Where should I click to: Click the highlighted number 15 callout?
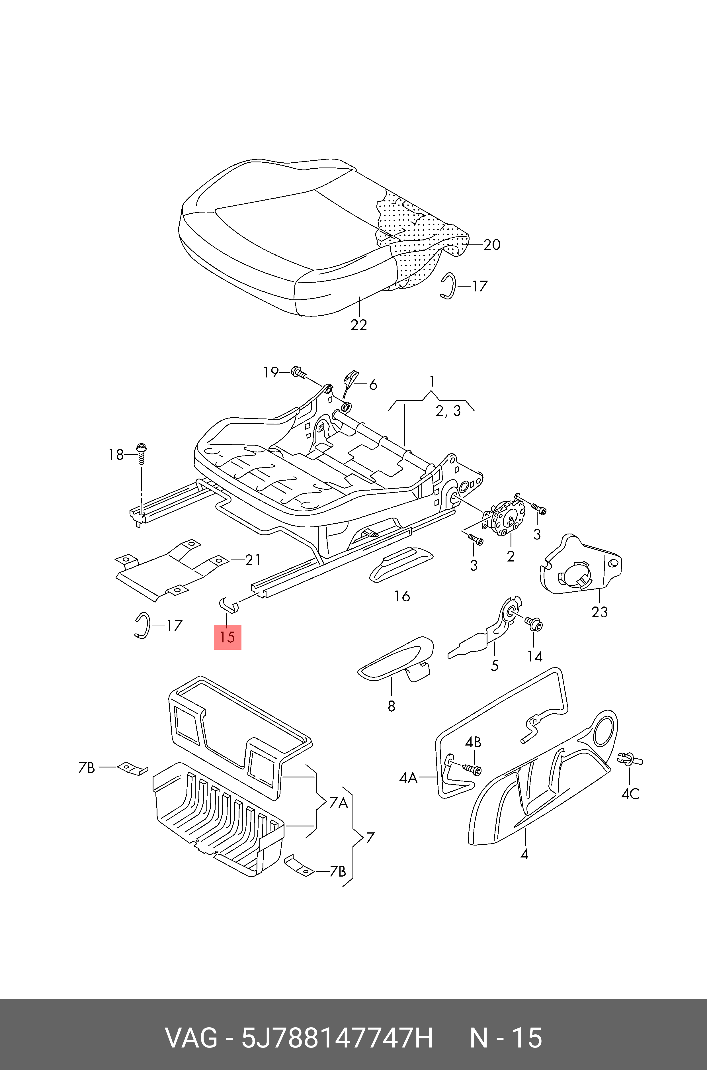[x=227, y=637]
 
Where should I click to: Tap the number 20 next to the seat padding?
[x=492, y=245]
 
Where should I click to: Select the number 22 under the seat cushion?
[x=359, y=325]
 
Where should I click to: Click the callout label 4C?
[x=630, y=794]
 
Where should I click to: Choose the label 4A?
[x=408, y=778]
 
